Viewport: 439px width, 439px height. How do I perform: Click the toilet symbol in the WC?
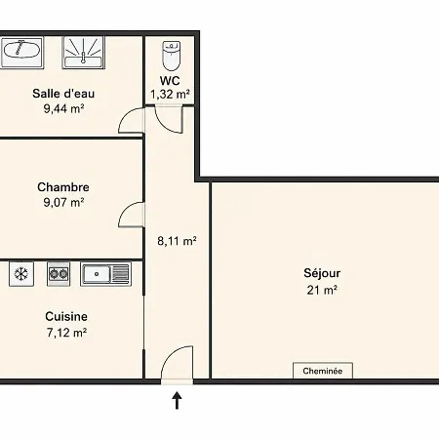point(171,56)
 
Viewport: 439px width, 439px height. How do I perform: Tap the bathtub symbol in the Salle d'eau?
point(21,53)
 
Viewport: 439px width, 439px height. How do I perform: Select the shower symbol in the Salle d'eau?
point(83,53)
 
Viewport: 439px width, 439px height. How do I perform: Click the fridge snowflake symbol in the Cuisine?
point(21,274)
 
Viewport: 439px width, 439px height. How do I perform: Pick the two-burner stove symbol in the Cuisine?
point(59,274)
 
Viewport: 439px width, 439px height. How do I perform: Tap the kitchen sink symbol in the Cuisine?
point(106,274)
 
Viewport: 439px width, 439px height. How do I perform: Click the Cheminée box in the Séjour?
point(323,371)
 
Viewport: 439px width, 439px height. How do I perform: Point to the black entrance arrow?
point(177,400)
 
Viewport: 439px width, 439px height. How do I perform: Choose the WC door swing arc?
point(164,125)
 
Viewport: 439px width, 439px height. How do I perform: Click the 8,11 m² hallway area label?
point(177,241)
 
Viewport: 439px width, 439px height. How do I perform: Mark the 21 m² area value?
point(322,290)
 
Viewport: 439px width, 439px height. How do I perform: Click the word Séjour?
point(322,273)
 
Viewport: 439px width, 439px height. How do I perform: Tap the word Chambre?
point(63,187)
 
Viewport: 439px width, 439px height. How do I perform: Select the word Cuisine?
point(66,316)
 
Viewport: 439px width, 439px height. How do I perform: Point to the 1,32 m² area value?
point(170,95)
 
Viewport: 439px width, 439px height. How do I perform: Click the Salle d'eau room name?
point(63,94)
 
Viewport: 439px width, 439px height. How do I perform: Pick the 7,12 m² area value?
point(66,333)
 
